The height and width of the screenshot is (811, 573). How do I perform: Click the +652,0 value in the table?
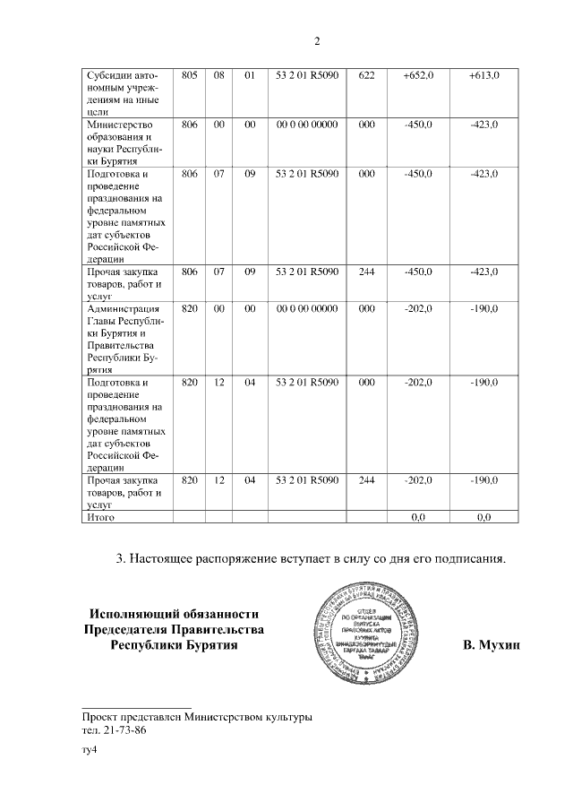pyautogui.click(x=418, y=75)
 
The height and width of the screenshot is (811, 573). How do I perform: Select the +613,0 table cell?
pyautogui.click(x=483, y=75)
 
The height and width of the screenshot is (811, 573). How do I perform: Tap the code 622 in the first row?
pyautogui.click(x=365, y=75)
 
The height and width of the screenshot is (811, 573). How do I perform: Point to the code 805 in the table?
pyautogui.click(x=189, y=75)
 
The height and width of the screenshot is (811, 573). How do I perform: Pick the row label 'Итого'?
pyautogui.click(x=99, y=517)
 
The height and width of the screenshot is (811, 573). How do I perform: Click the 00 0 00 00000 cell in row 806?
pyautogui.click(x=307, y=124)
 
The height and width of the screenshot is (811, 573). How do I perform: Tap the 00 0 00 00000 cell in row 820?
pyautogui.click(x=307, y=308)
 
